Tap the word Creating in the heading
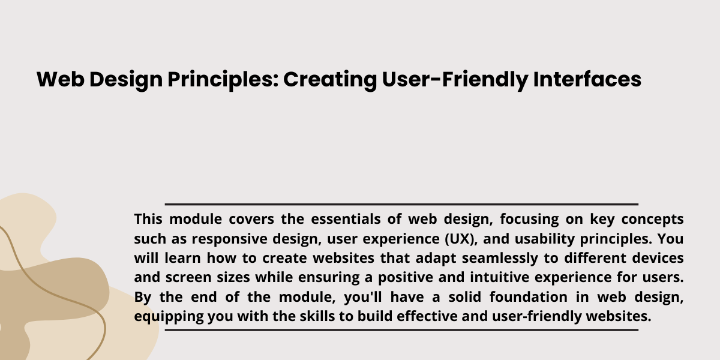pos(330,80)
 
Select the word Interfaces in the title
pos(587,79)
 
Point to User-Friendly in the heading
pos(455,80)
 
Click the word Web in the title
pos(61,79)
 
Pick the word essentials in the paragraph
pos(346,219)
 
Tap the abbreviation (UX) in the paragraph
pos(461,239)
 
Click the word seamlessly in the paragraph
pos(500,259)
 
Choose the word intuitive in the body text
pos(499,277)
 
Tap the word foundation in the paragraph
pos(529,296)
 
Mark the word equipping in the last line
pos(169,317)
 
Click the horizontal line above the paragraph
pos(401,204)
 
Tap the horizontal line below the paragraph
pos(401,330)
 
